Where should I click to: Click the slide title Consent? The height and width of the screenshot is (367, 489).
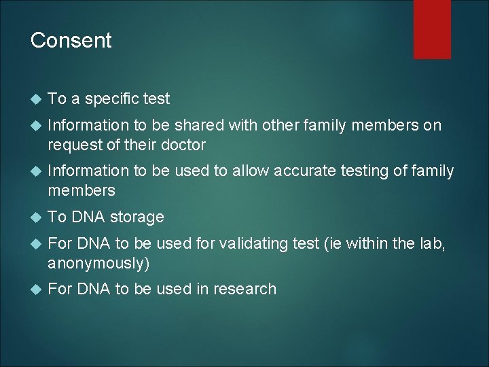coord(71,41)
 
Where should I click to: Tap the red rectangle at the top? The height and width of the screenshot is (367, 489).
coord(433,29)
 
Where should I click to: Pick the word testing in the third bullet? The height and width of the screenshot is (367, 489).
coord(364,171)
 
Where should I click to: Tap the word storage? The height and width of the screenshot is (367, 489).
coord(137,217)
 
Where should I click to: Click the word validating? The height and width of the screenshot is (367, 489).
coord(243,243)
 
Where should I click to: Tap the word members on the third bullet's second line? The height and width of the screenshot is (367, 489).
coord(81,191)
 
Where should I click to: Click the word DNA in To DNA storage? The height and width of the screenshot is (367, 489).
coord(86,217)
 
